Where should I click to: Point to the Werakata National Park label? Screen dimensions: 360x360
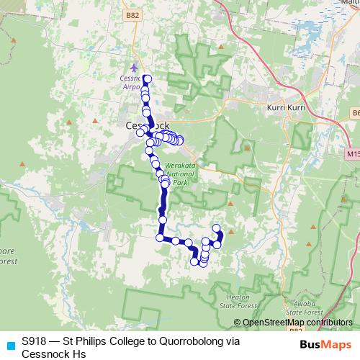pos(175,174)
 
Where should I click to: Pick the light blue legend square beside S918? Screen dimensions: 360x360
pos(9,345)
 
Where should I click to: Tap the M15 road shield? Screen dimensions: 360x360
pos(352,155)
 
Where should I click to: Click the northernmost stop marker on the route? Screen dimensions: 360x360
pos(147,78)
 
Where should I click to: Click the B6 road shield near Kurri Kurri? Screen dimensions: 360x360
pos(355,113)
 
